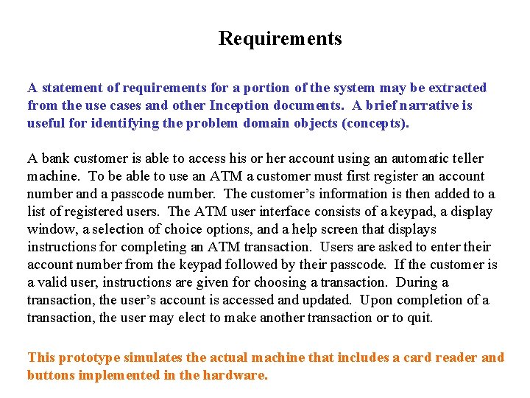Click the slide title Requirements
click(x=280, y=38)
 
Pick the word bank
click(x=56, y=158)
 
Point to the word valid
click(x=53, y=282)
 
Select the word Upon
click(x=378, y=300)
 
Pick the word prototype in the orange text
click(x=88, y=357)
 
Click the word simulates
click(x=155, y=357)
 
